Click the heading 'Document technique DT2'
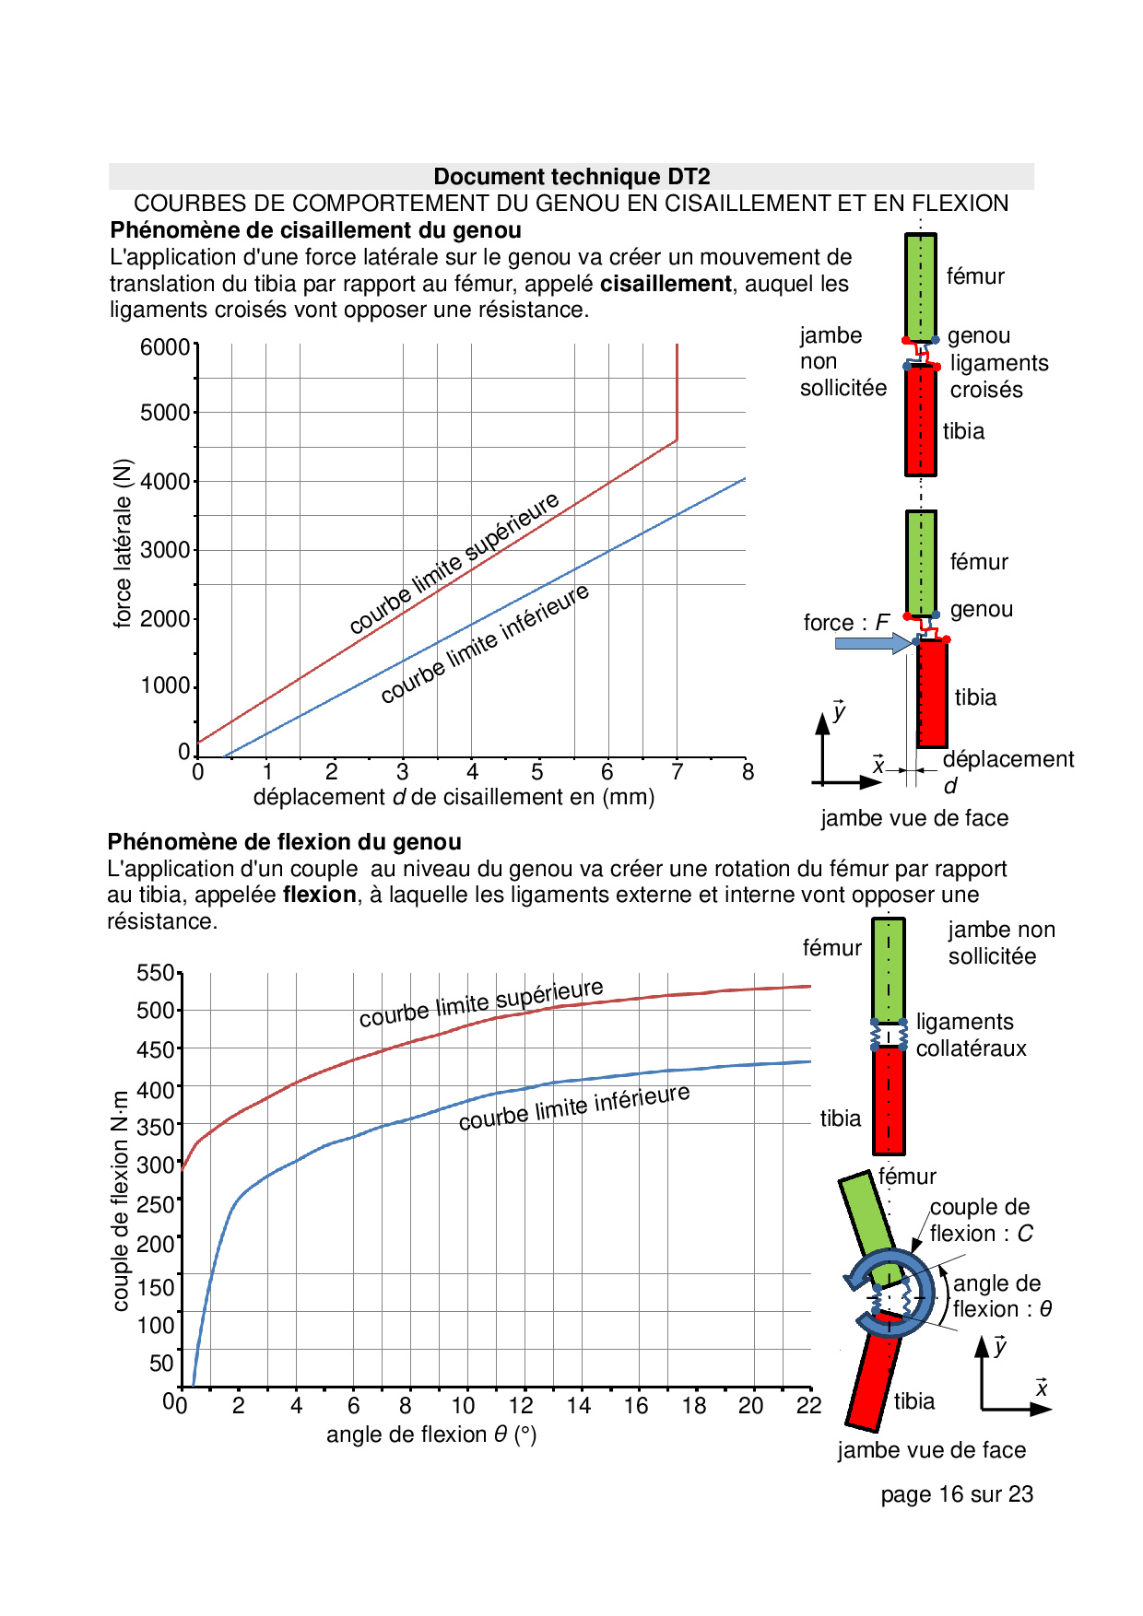(x=571, y=177)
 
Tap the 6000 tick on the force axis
(x=165, y=347)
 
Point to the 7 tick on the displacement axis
(x=678, y=772)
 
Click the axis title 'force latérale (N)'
(x=123, y=544)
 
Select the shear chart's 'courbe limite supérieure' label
(x=454, y=563)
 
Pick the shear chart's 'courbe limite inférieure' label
(x=485, y=643)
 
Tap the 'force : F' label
(x=846, y=623)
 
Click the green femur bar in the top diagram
(x=920, y=287)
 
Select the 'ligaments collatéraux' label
(x=971, y=1036)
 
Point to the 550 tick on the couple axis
(x=155, y=973)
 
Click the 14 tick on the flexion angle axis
(x=579, y=1406)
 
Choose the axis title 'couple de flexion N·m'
(x=121, y=1201)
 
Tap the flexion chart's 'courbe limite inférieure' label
(x=574, y=1107)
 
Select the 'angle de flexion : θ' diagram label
(x=1002, y=1296)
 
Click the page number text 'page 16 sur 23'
(x=957, y=1494)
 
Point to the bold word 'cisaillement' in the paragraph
(x=666, y=284)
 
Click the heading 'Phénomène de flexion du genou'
(x=285, y=842)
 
